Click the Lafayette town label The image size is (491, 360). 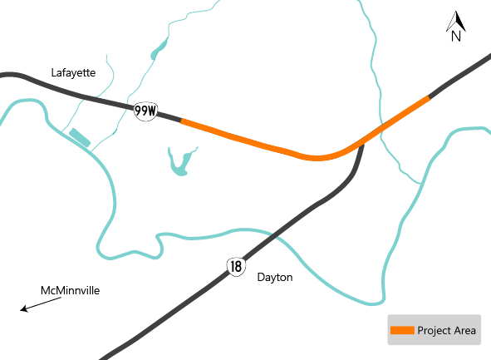pos(73,73)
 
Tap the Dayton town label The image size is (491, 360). pos(275,277)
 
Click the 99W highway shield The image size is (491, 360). pos(145,111)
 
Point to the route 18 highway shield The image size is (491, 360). pos(236,266)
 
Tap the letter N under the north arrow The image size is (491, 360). pos(455,36)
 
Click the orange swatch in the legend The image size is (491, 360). pos(402,331)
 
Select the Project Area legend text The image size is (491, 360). pos(447,331)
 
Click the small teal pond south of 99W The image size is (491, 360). pos(179,163)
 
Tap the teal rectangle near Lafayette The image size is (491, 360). pos(80,137)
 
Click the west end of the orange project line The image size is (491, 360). pos(182,122)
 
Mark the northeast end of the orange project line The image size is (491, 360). pos(429,98)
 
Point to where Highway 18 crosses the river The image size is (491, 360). pos(275,237)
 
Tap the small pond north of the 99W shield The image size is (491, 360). pos(155,54)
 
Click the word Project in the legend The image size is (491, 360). pos(434,331)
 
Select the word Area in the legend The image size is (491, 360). pos(464,331)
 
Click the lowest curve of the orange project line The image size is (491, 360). pos(316,157)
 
